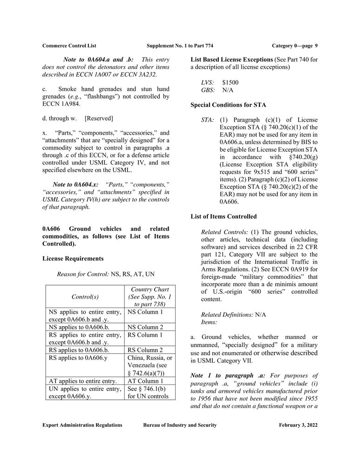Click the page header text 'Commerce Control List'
coord(69,45)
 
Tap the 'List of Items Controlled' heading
coord(223,216)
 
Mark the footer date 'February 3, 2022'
coord(298,425)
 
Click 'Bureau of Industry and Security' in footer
coord(180,425)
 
